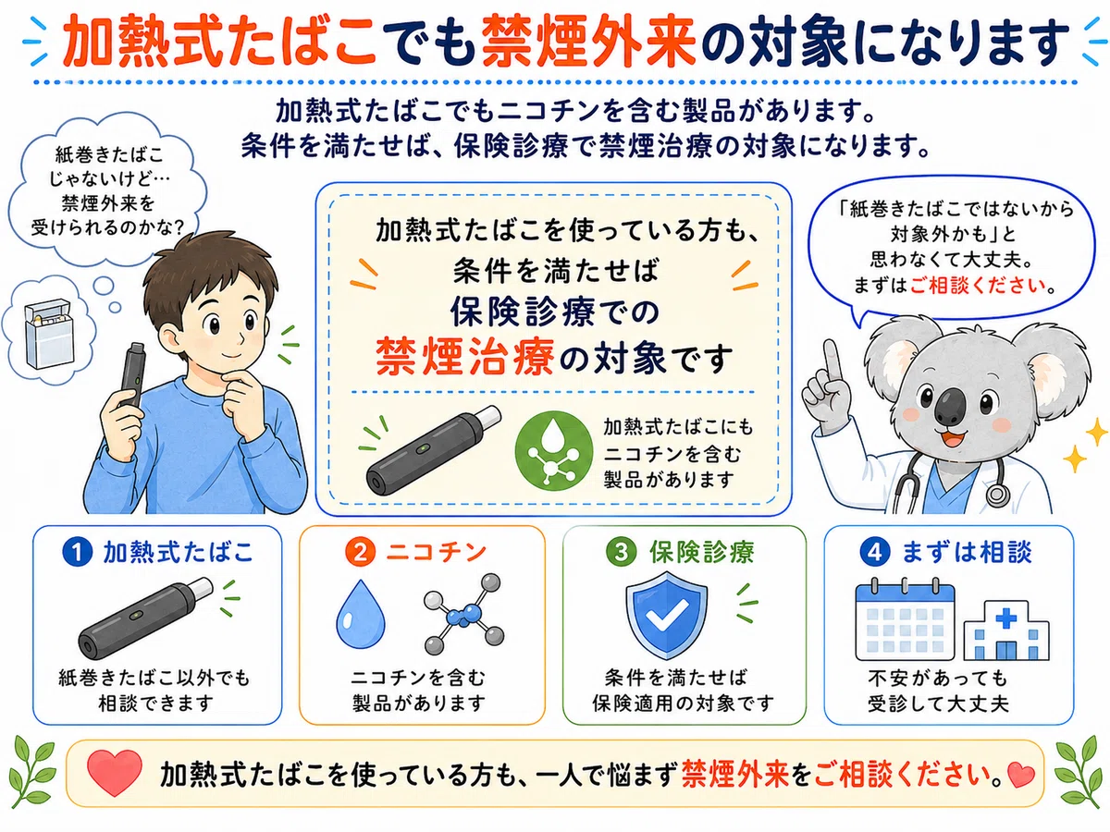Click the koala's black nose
(950, 407)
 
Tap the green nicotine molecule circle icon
(553, 450)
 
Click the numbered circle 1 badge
(77, 552)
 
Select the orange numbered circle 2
(360, 552)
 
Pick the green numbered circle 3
(621, 552)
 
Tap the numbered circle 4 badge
(875, 552)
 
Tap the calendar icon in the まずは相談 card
(905, 620)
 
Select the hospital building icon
(1005, 630)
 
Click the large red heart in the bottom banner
(115, 772)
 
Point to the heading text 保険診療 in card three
(701, 552)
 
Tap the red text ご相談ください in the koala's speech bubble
(978, 286)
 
